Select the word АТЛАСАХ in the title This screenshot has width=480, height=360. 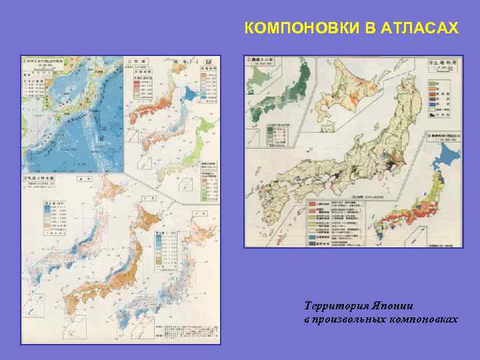tap(421, 29)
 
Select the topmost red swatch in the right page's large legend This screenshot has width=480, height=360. tap(311, 202)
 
